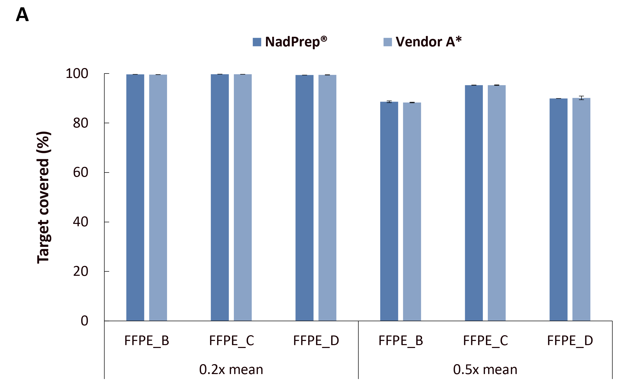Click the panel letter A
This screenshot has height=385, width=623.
pos(22,15)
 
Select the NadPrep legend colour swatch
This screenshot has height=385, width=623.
pos(257,42)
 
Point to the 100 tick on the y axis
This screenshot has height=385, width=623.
pos(77,74)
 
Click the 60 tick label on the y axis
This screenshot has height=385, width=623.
pos(81,172)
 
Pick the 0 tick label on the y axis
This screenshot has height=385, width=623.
pos(84,321)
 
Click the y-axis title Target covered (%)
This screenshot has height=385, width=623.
pos(43,197)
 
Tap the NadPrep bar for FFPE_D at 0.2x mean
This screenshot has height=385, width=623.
pos(304,198)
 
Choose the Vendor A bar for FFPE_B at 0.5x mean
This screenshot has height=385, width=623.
pos(412,211)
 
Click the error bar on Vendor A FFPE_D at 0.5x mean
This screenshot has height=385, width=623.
pos(581,98)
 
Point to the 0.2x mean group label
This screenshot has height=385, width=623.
pos(231,369)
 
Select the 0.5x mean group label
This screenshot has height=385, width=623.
pos(485,369)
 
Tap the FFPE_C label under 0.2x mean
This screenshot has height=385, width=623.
pos(232,340)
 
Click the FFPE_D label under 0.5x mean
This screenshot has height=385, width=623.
pos(570,340)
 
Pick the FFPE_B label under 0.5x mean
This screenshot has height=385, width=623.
pos(401,340)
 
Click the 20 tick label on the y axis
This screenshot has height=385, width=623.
pos(81,271)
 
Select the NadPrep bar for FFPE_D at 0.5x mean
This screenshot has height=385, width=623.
pos(558,210)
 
